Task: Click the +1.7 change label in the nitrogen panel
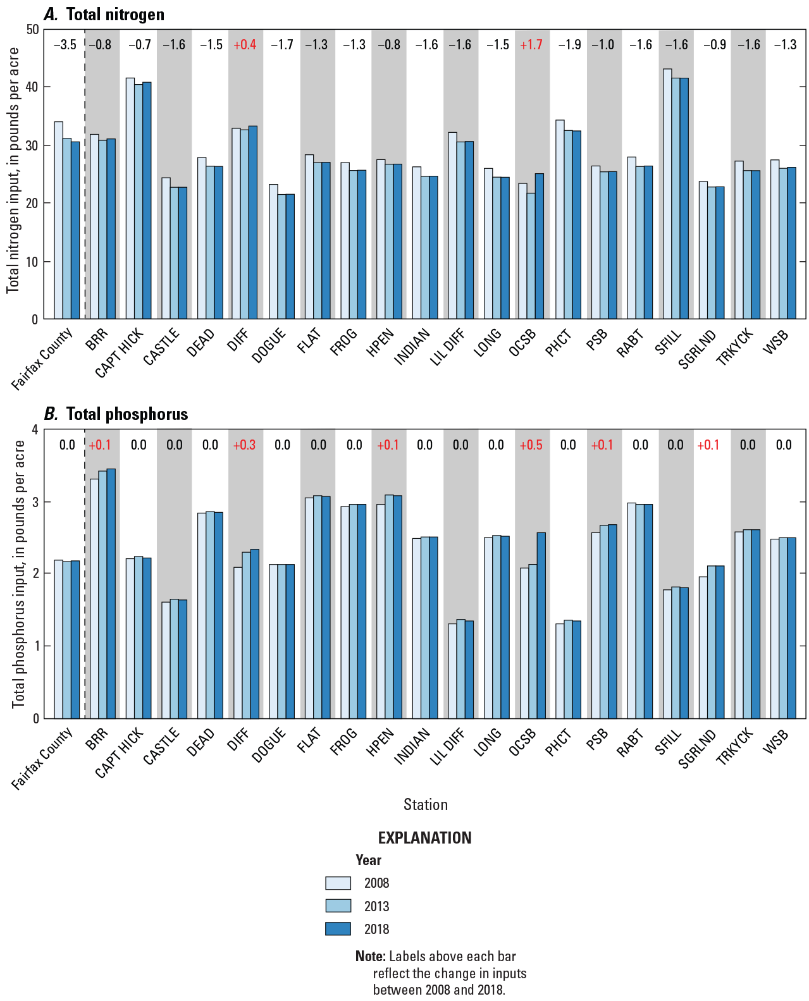(531, 45)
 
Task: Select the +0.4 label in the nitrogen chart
(245, 45)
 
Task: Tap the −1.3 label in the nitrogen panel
(317, 45)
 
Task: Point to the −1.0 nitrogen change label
(603, 45)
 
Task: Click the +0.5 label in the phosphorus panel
(531, 445)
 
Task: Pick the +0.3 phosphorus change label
(245, 445)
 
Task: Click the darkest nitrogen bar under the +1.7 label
(540, 246)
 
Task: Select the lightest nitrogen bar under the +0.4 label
(236, 223)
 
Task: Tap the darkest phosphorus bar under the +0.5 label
(541, 625)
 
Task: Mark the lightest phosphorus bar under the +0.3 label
(238, 642)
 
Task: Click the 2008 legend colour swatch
(338, 883)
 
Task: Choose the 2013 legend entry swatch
(338, 906)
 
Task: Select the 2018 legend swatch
(338, 929)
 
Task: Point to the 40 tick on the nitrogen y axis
(32, 87)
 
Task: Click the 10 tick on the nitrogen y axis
(32, 262)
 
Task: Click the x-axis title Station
(425, 805)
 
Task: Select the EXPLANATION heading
(424, 838)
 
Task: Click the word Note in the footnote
(369, 957)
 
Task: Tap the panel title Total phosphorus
(127, 415)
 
